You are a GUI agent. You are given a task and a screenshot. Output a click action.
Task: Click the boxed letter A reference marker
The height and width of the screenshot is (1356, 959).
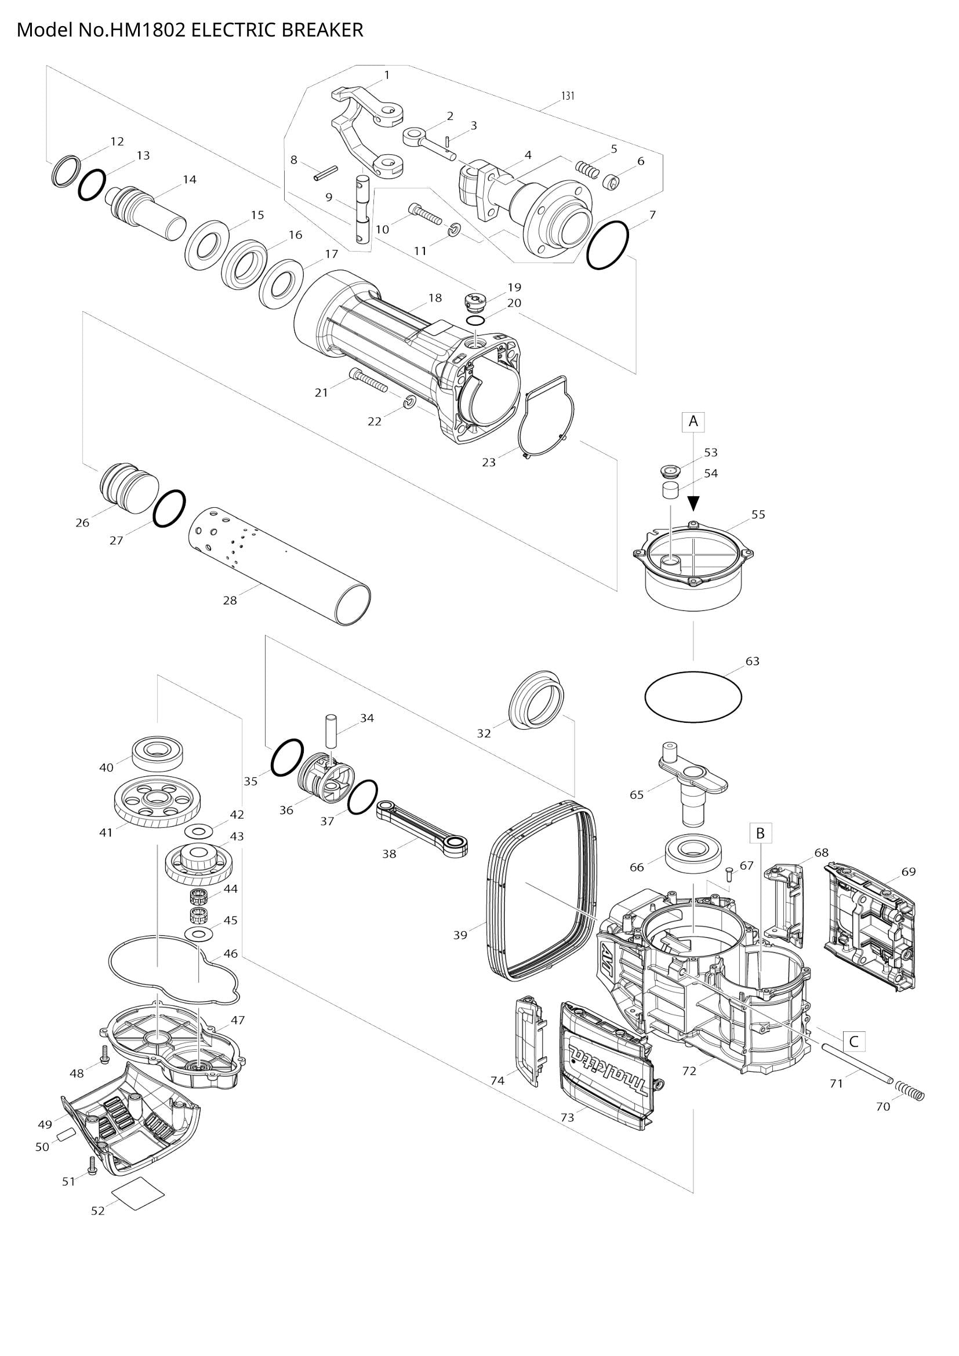tap(693, 421)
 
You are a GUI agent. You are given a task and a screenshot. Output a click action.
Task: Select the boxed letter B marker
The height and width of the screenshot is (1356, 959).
tap(760, 832)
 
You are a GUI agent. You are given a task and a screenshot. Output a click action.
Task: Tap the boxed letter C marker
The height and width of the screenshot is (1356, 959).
tap(853, 1042)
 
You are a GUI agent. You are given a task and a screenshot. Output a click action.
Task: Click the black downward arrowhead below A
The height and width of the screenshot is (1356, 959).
tap(694, 503)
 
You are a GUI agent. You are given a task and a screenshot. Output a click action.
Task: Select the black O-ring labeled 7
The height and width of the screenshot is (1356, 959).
tap(608, 245)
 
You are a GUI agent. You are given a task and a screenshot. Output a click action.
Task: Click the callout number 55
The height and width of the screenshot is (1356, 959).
tap(758, 514)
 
